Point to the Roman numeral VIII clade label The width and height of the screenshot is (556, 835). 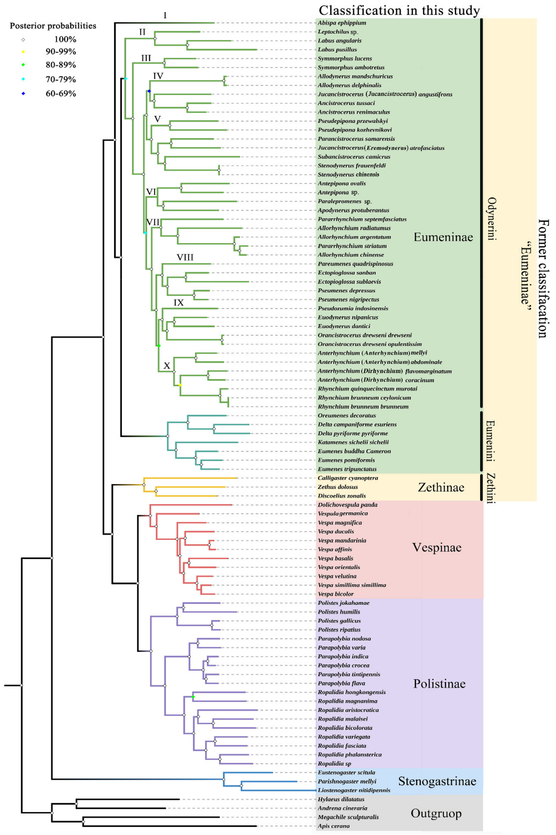click(x=185, y=257)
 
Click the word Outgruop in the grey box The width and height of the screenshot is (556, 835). click(x=436, y=813)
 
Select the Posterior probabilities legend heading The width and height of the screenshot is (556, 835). click(x=53, y=26)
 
